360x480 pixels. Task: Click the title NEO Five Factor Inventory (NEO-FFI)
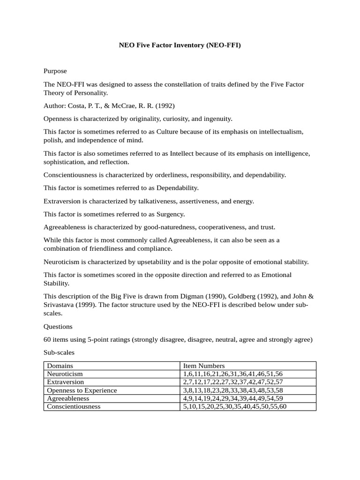(180, 46)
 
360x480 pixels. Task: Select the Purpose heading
(55, 71)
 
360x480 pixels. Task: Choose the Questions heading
(58, 326)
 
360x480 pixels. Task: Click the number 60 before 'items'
(47, 339)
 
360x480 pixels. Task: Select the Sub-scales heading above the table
(59, 352)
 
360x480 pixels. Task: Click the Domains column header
(60, 366)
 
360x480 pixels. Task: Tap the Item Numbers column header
(204, 366)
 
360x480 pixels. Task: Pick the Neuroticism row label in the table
(65, 374)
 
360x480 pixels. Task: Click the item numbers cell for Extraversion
(233, 382)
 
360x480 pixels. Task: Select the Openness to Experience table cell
(82, 390)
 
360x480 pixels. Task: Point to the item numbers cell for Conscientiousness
(235, 406)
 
